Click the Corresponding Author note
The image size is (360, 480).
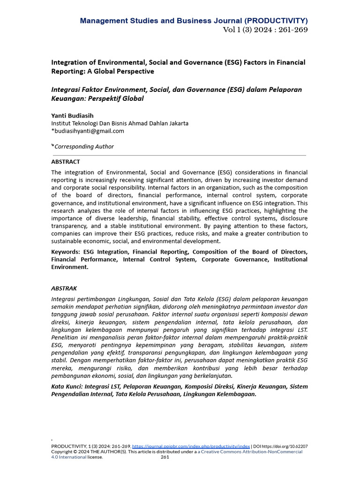click(x=84, y=146)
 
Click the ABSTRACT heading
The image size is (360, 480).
click(x=66, y=162)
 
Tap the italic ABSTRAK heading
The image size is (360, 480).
click(x=64, y=288)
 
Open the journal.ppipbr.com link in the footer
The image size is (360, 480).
click(x=191, y=447)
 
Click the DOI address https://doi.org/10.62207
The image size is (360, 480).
click(x=285, y=447)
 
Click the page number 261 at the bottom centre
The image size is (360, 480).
click(x=165, y=457)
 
